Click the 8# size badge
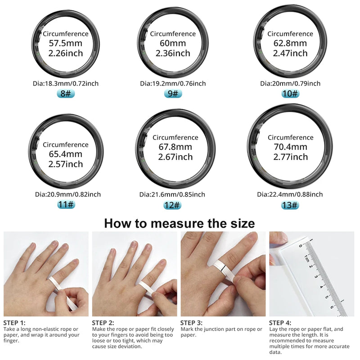coord(66,94)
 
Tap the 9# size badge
coord(173,94)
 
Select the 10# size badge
coord(290,94)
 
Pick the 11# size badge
coord(66,205)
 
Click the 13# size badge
coord(290,205)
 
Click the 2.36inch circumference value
coord(173,54)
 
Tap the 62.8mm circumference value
coord(290,44)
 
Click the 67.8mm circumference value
coord(175,147)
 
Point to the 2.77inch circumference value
coord(290,157)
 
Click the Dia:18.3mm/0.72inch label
coord(66,83)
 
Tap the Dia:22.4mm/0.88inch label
coord(290,194)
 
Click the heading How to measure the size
coord(180,223)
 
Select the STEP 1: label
coord(14,323)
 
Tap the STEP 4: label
coord(280,323)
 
